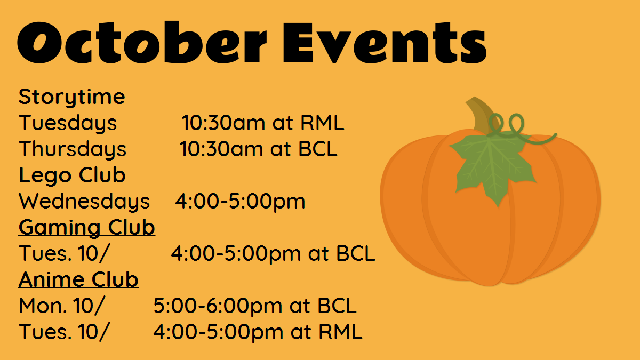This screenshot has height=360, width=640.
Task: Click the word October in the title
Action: pos(142,42)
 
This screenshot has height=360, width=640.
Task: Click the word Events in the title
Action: pos(385,42)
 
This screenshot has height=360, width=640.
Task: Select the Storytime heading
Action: pos(71,98)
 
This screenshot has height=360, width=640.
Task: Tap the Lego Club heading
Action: pos(72,175)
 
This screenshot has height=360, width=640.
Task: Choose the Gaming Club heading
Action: pos(87,228)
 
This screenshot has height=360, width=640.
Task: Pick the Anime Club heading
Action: pos(78,279)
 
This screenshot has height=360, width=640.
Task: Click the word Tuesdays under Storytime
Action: pos(68,123)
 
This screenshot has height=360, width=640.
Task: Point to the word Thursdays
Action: pos(73,149)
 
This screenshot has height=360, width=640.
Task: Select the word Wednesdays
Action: pos(84,202)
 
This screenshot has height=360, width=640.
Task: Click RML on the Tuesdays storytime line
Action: pos(322,123)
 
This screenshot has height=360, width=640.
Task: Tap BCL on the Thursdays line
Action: pos(318,149)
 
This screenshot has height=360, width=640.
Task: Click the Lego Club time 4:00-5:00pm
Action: pos(240,202)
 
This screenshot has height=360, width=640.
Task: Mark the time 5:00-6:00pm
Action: pos(218,306)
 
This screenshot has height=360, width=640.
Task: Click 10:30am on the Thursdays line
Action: pos(221,149)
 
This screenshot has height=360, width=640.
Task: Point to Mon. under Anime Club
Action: pos(43,306)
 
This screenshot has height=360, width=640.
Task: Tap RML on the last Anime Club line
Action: pos(341,332)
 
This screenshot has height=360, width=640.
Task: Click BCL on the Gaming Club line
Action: pos(356,253)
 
